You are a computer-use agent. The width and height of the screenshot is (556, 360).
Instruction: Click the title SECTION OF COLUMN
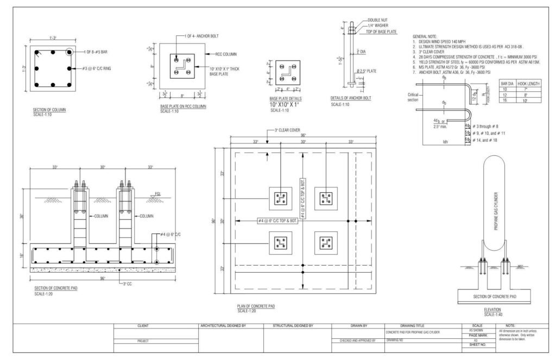click(x=49, y=110)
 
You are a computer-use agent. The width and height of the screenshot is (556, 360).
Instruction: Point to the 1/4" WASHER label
click(x=378, y=25)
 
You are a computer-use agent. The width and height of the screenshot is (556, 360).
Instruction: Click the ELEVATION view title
click(x=492, y=310)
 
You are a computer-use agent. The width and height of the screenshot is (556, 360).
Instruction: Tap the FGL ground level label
click(x=157, y=194)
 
